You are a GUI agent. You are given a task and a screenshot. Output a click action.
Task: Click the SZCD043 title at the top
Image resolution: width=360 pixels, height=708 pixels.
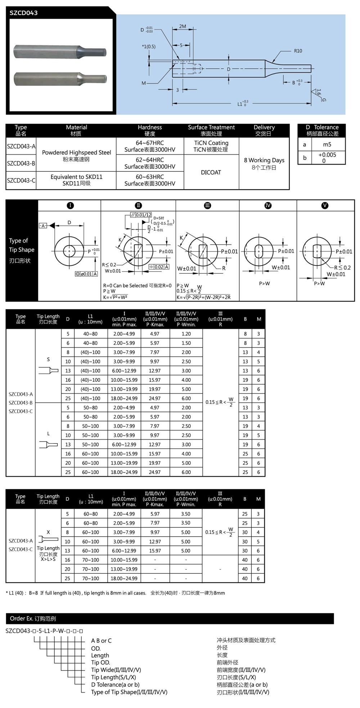click(23, 13)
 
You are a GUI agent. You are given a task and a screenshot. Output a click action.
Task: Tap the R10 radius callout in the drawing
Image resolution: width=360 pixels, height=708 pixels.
click(298, 51)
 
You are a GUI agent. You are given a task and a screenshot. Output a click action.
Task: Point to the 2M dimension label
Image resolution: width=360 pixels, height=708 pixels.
click(183, 27)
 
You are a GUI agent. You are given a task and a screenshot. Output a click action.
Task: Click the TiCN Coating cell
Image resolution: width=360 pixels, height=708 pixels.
click(211, 146)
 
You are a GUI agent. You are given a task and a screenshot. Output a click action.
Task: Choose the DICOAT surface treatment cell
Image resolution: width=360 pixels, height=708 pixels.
click(211, 172)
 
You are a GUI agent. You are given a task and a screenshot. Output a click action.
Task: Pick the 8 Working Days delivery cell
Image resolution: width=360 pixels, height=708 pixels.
click(264, 163)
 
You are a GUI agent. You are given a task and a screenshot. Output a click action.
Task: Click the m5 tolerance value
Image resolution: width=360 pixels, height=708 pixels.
click(327, 145)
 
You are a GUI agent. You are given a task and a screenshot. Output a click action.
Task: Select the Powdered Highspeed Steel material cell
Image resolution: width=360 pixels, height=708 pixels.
click(76, 155)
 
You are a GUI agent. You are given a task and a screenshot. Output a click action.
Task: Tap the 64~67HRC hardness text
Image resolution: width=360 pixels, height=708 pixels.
click(150, 143)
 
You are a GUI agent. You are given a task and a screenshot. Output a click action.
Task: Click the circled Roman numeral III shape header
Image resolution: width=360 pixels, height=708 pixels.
click(207, 205)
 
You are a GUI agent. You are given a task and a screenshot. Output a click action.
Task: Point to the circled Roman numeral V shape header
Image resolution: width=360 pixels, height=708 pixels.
click(325, 205)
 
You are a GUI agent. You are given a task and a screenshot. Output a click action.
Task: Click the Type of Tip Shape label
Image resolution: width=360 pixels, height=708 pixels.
click(22, 250)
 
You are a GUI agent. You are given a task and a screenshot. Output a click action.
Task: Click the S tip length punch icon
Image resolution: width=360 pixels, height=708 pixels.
click(49, 370)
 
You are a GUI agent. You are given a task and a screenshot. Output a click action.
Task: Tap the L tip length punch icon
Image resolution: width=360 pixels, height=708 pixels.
click(49, 445)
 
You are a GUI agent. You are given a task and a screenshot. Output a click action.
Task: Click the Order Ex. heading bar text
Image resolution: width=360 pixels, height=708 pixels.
click(33, 618)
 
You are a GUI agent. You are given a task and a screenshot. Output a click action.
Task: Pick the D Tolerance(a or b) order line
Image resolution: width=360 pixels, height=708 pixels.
click(115, 684)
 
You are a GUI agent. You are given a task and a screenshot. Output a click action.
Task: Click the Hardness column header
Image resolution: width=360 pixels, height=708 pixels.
click(150, 130)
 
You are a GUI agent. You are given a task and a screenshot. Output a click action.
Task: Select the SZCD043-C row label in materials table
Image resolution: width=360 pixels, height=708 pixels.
click(21, 180)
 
